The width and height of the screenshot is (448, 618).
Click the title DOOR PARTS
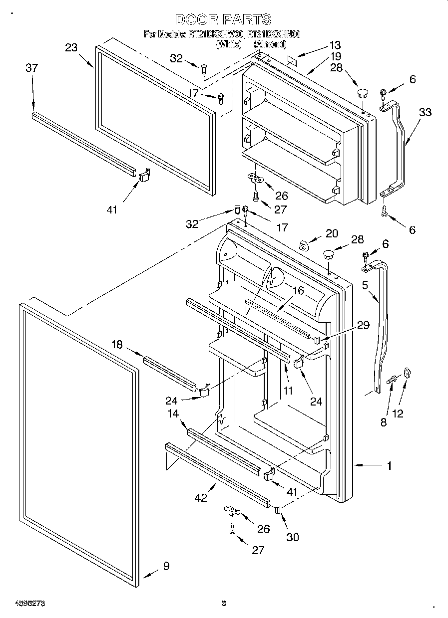point(223,20)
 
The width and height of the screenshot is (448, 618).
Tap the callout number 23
point(71,48)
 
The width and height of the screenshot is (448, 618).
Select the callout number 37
point(31,68)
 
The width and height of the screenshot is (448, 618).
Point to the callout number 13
point(334,44)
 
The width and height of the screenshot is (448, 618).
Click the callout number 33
point(425,113)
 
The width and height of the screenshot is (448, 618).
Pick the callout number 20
point(332,233)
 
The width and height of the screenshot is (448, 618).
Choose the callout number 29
point(363,325)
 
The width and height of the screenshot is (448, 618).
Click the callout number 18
point(116,345)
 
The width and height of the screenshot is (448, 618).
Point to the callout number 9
point(166,566)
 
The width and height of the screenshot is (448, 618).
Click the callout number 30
point(293,537)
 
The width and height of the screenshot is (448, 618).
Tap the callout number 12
point(398,413)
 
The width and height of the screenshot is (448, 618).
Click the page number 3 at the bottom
point(224,604)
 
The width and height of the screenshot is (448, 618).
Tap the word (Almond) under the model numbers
point(270,44)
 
